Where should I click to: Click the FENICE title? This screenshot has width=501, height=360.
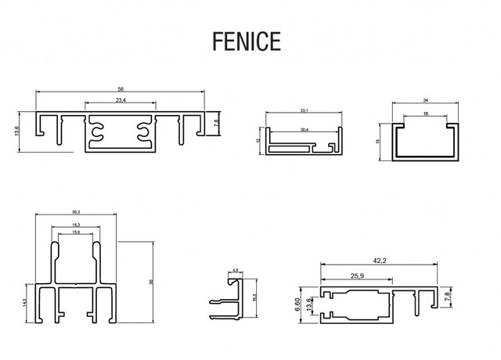(246, 41)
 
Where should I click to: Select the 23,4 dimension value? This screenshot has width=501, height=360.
(121, 102)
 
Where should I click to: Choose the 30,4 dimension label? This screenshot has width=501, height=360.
(304, 128)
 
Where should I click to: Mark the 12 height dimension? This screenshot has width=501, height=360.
(258, 141)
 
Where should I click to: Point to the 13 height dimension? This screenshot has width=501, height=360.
(378, 141)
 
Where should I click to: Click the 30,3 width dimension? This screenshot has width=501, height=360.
(76, 212)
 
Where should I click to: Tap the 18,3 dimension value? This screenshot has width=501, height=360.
(76, 225)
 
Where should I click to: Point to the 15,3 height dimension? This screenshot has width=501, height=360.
(255, 297)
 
